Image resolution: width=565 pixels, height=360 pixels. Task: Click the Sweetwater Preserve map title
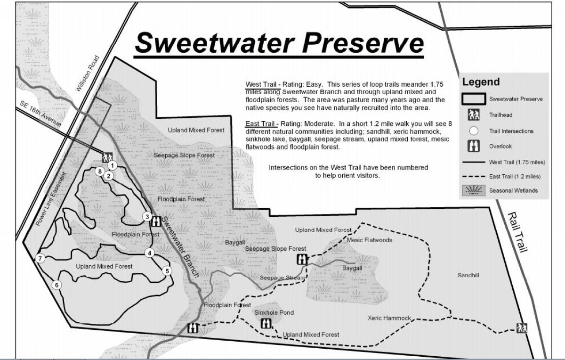point(279,43)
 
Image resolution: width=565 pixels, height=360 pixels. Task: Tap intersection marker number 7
point(40,258)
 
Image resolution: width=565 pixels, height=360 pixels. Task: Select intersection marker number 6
point(57,285)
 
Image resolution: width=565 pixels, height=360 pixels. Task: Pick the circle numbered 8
point(99,171)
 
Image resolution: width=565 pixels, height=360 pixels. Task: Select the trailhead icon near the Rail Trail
point(521,327)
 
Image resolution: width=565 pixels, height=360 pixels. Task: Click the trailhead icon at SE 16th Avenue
point(107,157)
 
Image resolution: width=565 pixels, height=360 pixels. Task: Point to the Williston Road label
point(88,74)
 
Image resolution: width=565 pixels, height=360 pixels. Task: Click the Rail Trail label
point(517,232)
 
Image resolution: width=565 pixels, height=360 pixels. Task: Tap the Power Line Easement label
point(52,198)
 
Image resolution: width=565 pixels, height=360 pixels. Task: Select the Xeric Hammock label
point(389,318)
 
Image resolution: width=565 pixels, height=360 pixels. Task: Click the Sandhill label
point(468,275)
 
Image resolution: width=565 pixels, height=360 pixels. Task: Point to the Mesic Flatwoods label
point(369,240)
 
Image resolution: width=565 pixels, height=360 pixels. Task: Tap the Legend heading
point(481,82)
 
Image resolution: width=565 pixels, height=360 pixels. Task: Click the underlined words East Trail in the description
point(260,124)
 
